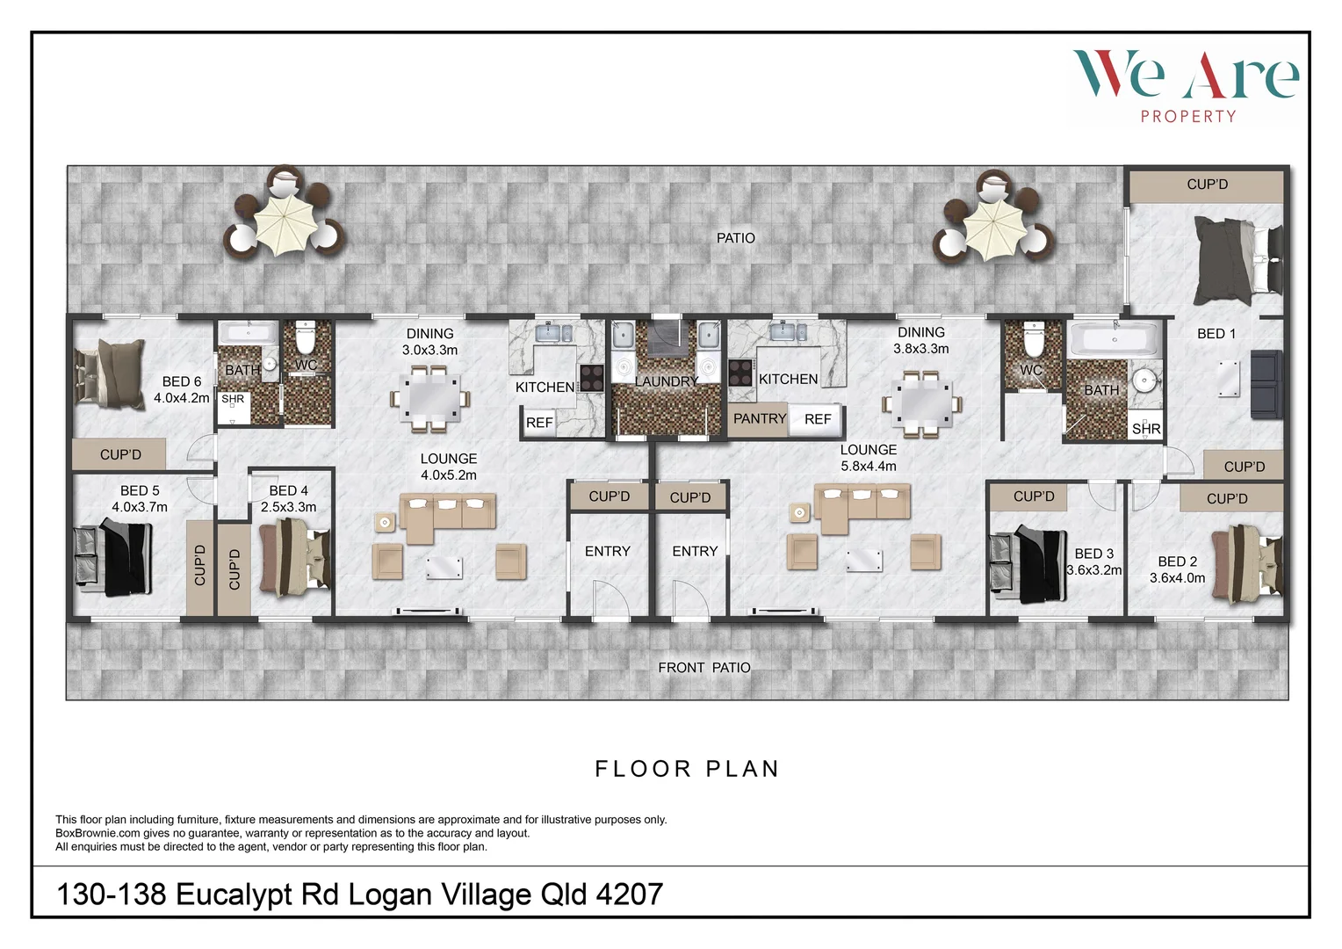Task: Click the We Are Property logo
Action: click(x=1186, y=85)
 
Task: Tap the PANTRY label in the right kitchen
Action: click(x=760, y=419)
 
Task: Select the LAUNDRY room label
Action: click(x=667, y=381)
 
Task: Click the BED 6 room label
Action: click(x=182, y=381)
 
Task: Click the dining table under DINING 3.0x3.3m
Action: click(x=429, y=400)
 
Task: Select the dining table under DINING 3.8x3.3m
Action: click(x=922, y=403)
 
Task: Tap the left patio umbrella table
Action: click(x=284, y=216)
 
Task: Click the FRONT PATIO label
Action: click(x=704, y=668)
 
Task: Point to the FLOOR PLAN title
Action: click(x=687, y=769)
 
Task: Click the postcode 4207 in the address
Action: click(x=629, y=895)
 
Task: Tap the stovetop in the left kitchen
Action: click(x=592, y=378)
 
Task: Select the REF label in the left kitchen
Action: click(x=539, y=423)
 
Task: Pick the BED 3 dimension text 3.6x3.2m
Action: click(x=1093, y=569)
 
